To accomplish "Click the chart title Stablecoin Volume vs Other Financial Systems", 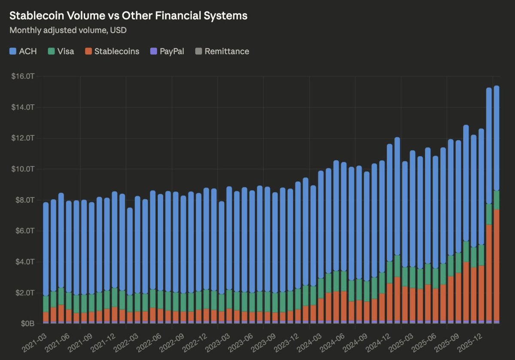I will click(x=128, y=16).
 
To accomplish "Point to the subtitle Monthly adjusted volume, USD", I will click(x=68, y=31).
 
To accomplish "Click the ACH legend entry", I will click(x=23, y=51).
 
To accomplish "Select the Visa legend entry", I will click(x=61, y=51).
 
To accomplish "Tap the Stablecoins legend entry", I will click(x=112, y=51).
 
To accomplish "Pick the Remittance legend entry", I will click(x=222, y=51).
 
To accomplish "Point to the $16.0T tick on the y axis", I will click(x=23, y=76).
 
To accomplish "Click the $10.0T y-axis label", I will click(x=23, y=169).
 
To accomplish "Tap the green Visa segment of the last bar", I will click(x=496, y=200).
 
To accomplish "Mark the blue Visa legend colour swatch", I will click(x=51, y=51).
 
